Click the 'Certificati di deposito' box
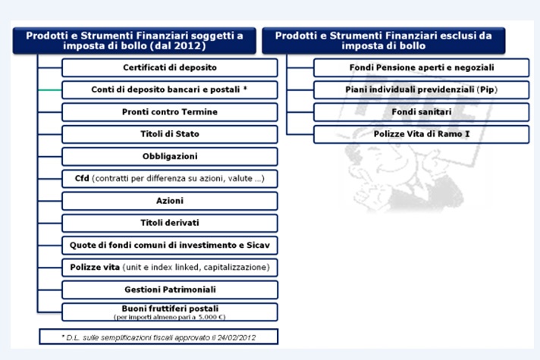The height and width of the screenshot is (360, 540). pyautogui.click(x=170, y=67)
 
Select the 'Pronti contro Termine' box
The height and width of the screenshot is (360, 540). pyautogui.click(x=170, y=112)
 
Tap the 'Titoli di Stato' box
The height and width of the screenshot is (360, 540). pyautogui.click(x=170, y=134)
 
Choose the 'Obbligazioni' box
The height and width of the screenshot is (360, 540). pyautogui.click(x=170, y=156)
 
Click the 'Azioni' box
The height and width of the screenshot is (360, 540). pyautogui.click(x=170, y=201)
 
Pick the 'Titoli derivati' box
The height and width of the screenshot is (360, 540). pyautogui.click(x=170, y=223)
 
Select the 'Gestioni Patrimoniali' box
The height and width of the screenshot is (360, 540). pyautogui.click(x=170, y=290)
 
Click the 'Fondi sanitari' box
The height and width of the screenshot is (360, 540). pyautogui.click(x=422, y=112)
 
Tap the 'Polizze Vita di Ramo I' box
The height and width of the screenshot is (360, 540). pyautogui.click(x=422, y=134)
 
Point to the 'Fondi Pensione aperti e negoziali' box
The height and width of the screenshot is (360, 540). pyautogui.click(x=422, y=67)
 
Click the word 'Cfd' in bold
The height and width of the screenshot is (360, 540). pyautogui.click(x=82, y=178)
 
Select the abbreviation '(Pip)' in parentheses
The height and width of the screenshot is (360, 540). pyautogui.click(x=488, y=90)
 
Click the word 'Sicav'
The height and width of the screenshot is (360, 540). pyautogui.click(x=259, y=245)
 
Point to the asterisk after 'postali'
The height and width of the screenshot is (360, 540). pyautogui.click(x=245, y=88)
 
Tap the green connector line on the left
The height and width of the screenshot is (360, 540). pyautogui.click(x=50, y=90)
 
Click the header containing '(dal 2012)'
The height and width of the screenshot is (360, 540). pyautogui.click(x=134, y=41)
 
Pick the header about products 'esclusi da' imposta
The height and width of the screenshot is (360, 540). pyautogui.click(x=384, y=41)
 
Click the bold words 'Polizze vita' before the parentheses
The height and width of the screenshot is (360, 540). pyautogui.click(x=95, y=267)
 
